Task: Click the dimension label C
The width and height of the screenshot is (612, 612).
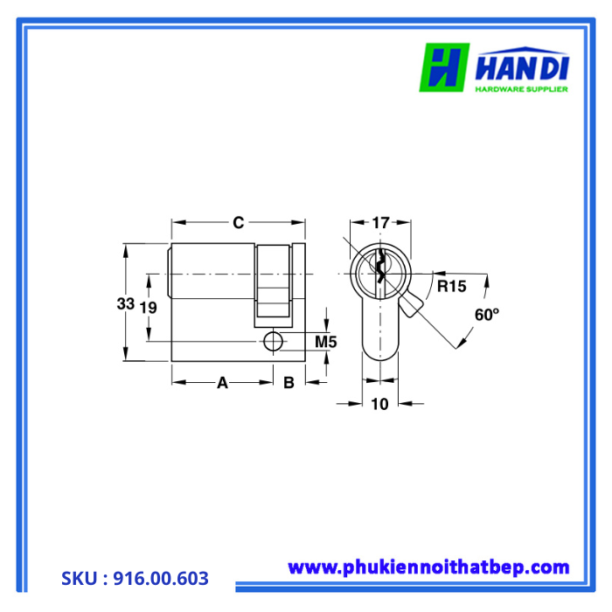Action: tap(238, 223)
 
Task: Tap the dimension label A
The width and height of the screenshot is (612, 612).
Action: tap(222, 382)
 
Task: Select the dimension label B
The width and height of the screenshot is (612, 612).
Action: tap(289, 382)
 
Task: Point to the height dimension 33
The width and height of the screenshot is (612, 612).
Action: tap(125, 304)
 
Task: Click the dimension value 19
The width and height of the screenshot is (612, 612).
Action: tap(149, 307)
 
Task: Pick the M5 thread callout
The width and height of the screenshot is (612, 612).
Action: tap(325, 342)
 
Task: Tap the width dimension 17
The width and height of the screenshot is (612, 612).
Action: tap(380, 223)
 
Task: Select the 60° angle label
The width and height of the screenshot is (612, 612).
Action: tap(486, 315)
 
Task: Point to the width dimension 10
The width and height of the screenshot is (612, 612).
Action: tap(379, 403)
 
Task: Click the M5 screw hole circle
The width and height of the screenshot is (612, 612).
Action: tap(274, 341)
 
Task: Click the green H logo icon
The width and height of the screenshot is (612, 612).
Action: tap(444, 68)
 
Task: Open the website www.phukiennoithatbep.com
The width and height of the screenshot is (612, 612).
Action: tap(428, 567)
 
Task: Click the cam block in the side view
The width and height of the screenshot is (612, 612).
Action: tap(273, 280)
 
